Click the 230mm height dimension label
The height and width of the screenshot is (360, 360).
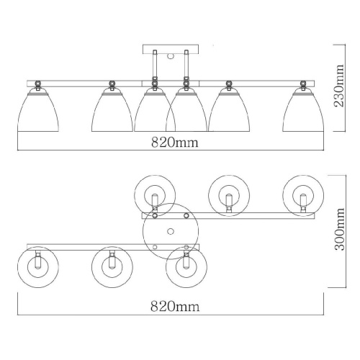(x=339, y=86)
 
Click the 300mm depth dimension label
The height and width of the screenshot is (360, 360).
(x=339, y=229)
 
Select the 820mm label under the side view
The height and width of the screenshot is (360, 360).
(x=175, y=143)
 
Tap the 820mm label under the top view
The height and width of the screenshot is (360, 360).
(x=175, y=307)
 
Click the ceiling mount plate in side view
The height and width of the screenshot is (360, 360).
(x=171, y=49)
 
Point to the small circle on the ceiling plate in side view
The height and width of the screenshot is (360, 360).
(x=171, y=57)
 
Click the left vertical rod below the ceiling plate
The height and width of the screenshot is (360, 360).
(x=155, y=65)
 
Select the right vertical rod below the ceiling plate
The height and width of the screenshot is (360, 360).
(x=186, y=65)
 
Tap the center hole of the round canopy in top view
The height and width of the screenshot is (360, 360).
(x=171, y=231)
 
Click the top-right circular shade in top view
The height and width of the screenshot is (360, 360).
(x=303, y=196)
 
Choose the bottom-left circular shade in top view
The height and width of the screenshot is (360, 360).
(x=38, y=267)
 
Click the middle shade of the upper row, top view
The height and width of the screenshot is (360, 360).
(x=229, y=196)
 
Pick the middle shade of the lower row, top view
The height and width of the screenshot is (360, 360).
(x=112, y=267)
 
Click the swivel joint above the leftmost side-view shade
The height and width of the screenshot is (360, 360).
(x=37, y=84)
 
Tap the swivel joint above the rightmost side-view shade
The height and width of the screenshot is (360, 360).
(x=303, y=84)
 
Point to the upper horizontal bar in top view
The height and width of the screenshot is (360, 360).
(x=228, y=215)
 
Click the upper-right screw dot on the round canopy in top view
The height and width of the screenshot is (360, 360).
(x=186, y=216)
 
